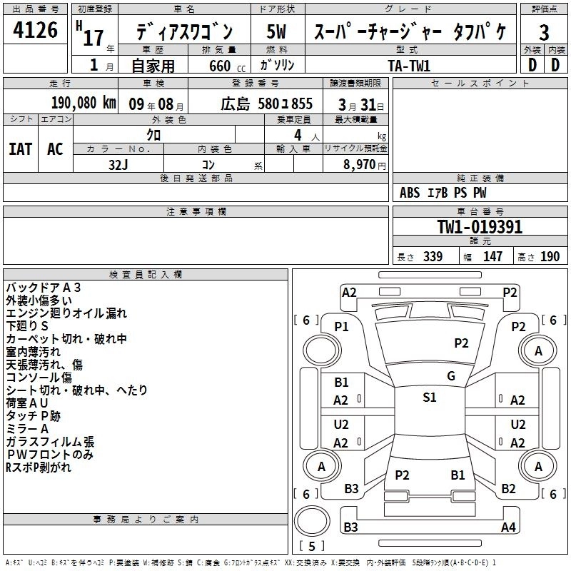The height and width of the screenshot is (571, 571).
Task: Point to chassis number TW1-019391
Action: click(x=480, y=228)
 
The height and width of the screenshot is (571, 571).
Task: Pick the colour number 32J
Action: click(x=118, y=163)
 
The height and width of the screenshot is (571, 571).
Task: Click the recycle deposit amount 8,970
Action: click(x=361, y=164)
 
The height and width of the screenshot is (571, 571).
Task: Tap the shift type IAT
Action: click(x=21, y=149)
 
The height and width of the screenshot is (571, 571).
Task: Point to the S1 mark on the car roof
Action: click(x=429, y=398)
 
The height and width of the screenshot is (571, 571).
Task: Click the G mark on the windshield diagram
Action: click(x=450, y=376)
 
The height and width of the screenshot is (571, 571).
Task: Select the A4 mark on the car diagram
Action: click(x=508, y=527)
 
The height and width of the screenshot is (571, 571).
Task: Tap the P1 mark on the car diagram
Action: click(x=342, y=327)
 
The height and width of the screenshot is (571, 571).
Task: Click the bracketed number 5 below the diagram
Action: click(x=311, y=547)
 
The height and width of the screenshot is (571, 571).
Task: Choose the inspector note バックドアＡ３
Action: click(x=44, y=288)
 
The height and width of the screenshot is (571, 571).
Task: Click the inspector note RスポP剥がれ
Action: click(x=39, y=468)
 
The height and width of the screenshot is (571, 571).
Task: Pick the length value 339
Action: click(x=432, y=257)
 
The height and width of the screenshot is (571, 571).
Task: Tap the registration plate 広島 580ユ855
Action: click(x=266, y=103)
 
